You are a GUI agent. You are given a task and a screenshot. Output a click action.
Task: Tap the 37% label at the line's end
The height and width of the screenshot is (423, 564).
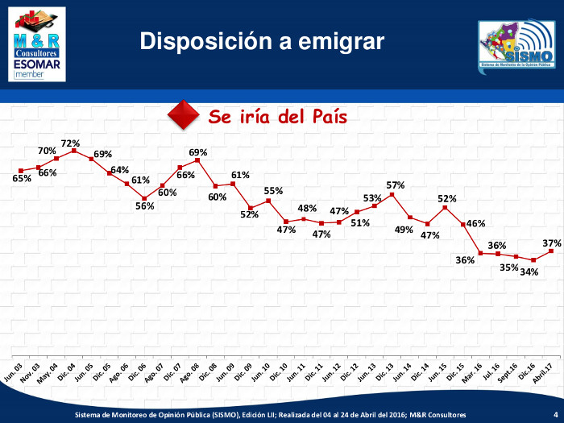552,243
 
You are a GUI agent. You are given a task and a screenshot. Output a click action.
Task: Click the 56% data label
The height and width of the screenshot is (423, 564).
144,205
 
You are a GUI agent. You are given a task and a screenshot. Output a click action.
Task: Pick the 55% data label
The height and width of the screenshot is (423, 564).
273,191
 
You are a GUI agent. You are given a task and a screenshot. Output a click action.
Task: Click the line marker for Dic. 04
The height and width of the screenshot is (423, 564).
74,151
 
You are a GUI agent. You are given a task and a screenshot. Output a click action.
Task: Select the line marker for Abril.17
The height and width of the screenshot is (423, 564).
552,251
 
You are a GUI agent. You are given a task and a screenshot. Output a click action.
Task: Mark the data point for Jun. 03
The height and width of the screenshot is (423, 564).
21,170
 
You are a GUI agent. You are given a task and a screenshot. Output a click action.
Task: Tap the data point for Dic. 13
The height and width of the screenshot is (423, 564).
392,194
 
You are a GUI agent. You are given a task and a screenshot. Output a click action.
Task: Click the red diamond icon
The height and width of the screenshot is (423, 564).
183,115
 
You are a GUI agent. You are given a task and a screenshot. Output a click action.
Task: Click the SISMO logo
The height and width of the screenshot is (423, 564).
516,45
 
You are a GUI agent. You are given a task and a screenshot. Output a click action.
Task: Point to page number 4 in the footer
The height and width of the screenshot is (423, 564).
554,414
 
